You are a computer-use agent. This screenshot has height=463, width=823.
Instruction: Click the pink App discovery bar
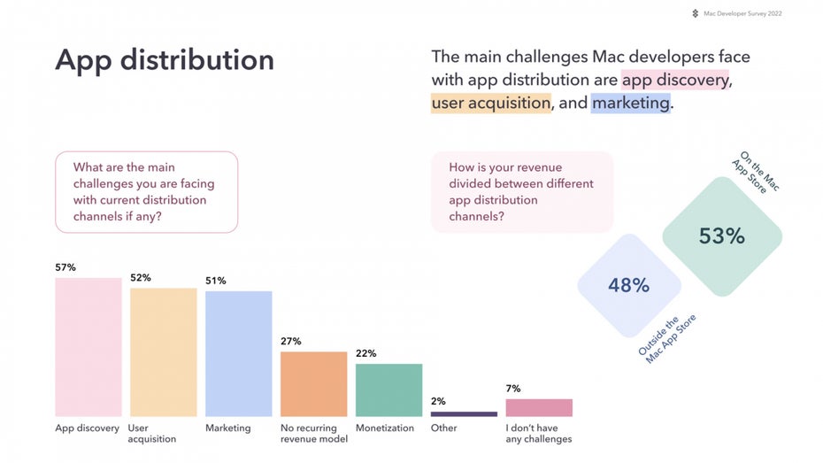[88, 347]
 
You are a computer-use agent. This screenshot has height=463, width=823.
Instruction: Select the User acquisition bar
[163, 352]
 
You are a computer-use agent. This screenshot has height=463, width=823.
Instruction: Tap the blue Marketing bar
[238, 354]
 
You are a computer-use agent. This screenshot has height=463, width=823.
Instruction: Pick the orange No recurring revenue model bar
[313, 384]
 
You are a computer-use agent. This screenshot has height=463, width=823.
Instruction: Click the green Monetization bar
[388, 390]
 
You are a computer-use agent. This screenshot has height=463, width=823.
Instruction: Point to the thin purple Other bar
[464, 414]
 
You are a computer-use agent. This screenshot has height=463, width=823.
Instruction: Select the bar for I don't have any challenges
[539, 408]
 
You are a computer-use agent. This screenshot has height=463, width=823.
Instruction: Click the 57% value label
[65, 267]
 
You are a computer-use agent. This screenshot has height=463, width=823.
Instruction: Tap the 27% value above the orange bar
[291, 341]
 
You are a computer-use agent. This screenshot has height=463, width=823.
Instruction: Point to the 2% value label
[438, 401]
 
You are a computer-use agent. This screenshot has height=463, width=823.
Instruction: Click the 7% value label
[513, 389]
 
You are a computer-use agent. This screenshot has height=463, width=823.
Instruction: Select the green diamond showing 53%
[722, 236]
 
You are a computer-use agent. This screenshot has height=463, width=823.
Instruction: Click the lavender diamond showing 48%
[629, 286]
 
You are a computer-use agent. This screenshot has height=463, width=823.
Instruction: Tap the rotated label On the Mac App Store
[756, 172]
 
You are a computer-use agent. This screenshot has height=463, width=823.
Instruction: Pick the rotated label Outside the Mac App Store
[666, 339]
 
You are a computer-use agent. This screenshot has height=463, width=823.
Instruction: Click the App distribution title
[165, 60]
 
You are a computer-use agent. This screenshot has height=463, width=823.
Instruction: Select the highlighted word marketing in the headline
[630, 103]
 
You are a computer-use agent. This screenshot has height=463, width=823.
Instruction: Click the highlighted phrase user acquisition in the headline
[491, 103]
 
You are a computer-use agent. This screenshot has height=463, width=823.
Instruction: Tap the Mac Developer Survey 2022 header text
[742, 13]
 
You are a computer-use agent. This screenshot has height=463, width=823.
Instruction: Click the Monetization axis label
[385, 428]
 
